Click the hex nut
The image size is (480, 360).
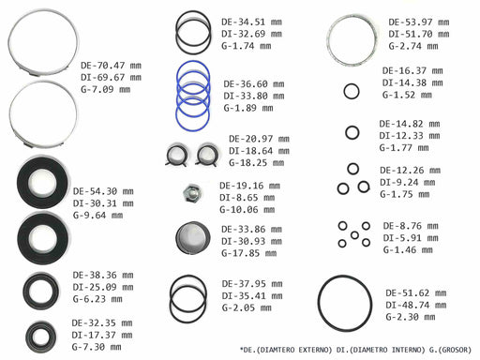tap(192, 194)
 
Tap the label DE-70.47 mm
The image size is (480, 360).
tap(111, 66)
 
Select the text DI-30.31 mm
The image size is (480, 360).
tap(103, 203)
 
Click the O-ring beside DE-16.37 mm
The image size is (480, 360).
tap(352, 83)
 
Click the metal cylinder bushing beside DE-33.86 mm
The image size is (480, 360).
tap(192, 238)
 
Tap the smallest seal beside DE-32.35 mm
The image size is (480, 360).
tap(40, 337)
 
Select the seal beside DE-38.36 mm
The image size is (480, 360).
tap(40, 292)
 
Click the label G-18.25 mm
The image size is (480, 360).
tap(257, 163)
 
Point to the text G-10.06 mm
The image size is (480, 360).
tap(247, 209)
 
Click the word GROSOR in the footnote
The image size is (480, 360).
tap(455, 350)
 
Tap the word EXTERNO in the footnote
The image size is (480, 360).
tap(315, 350)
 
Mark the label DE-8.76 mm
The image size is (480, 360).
tap(411, 226)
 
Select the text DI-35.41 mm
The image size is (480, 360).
tap(252, 296)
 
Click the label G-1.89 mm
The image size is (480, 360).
tap(248, 108)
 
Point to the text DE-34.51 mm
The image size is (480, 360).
tap(251, 22)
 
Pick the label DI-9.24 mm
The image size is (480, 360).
tap(408, 183)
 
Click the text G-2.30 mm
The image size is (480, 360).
tap(411, 317)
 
